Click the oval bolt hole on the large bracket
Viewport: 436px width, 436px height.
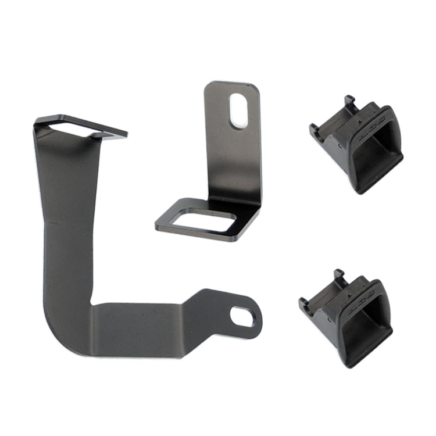pyautogui.click(x=242, y=316)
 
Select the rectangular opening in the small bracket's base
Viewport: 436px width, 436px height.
pyautogui.click(x=203, y=220)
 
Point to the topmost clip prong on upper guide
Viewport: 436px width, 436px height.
pyautogui.click(x=349, y=101)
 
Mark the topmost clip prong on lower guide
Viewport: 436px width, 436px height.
pyautogui.click(x=339, y=274)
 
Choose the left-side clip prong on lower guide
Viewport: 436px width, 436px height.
pyautogui.click(x=303, y=303)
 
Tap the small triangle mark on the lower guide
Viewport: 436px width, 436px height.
pyautogui.click(x=349, y=295)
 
